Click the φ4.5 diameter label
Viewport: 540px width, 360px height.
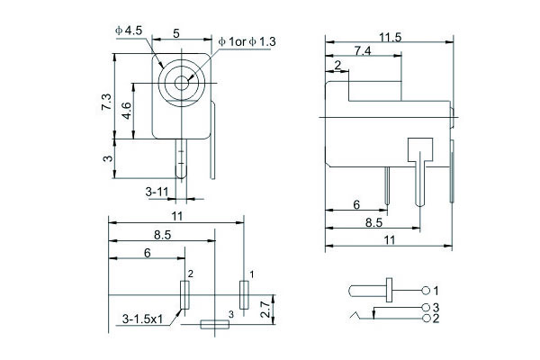(x=130, y=31)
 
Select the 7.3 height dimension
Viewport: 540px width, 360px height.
(x=106, y=102)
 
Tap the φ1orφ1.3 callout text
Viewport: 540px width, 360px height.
(x=249, y=41)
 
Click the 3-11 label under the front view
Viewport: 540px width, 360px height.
(x=157, y=191)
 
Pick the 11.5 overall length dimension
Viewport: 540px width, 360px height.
(x=390, y=37)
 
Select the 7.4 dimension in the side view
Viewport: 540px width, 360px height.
(x=363, y=51)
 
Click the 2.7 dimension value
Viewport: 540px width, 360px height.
(x=265, y=310)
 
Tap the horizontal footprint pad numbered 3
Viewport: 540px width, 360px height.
(x=214, y=324)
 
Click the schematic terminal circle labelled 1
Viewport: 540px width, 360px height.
(x=427, y=291)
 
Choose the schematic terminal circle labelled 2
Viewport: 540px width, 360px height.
(x=427, y=318)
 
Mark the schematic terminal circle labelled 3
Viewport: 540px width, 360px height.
(x=427, y=308)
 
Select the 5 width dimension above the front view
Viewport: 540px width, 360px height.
(x=175, y=32)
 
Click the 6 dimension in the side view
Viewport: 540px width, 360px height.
(x=356, y=205)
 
